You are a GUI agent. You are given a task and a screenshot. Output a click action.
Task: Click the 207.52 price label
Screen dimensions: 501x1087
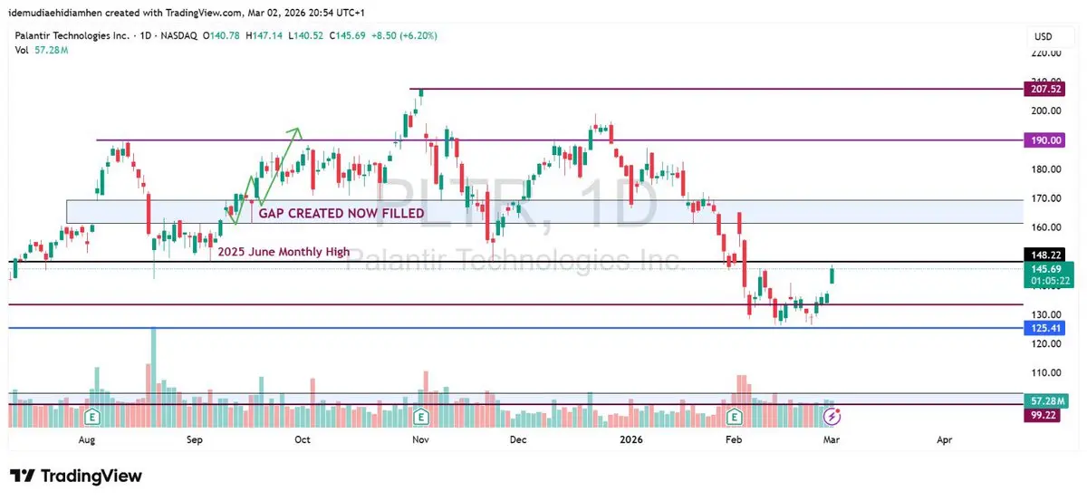pos(1045,89)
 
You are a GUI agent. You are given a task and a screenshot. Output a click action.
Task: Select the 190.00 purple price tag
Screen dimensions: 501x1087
pos(1045,140)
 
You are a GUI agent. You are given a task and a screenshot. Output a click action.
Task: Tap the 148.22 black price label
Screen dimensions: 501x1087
pos(1045,255)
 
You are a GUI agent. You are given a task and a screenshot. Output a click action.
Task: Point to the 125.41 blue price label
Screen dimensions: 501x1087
pos(1045,327)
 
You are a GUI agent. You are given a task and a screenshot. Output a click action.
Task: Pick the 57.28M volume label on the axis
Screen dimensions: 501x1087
pos(1045,400)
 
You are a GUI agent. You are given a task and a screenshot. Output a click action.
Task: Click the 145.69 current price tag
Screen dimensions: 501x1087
pos(1045,269)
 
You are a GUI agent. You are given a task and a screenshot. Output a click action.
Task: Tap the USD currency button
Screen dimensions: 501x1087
pos(1044,37)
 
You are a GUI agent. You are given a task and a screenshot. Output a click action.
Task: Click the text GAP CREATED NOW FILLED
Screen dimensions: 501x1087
pos(341,214)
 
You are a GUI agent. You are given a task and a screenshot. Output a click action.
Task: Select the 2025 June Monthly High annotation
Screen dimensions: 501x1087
pos(283,252)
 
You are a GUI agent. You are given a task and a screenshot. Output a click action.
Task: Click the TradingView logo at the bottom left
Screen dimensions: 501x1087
pos(76,477)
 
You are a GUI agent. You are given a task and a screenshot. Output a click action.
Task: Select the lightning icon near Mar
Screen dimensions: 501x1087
pos(832,417)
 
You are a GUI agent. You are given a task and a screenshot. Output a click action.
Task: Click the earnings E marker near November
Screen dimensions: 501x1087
pos(420,417)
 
